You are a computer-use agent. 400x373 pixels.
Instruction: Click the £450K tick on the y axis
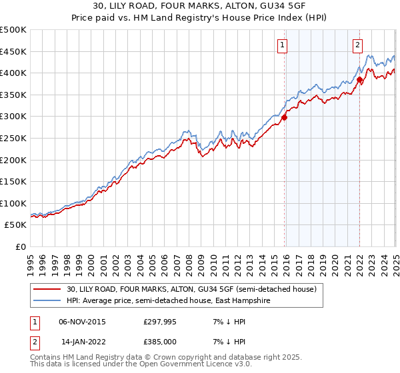pos(13,51)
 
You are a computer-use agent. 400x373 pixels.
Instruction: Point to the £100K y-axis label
pos(13,203)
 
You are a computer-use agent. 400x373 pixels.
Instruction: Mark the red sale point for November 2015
pos(285,117)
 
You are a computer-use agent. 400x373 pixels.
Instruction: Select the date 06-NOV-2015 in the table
pos(83,321)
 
